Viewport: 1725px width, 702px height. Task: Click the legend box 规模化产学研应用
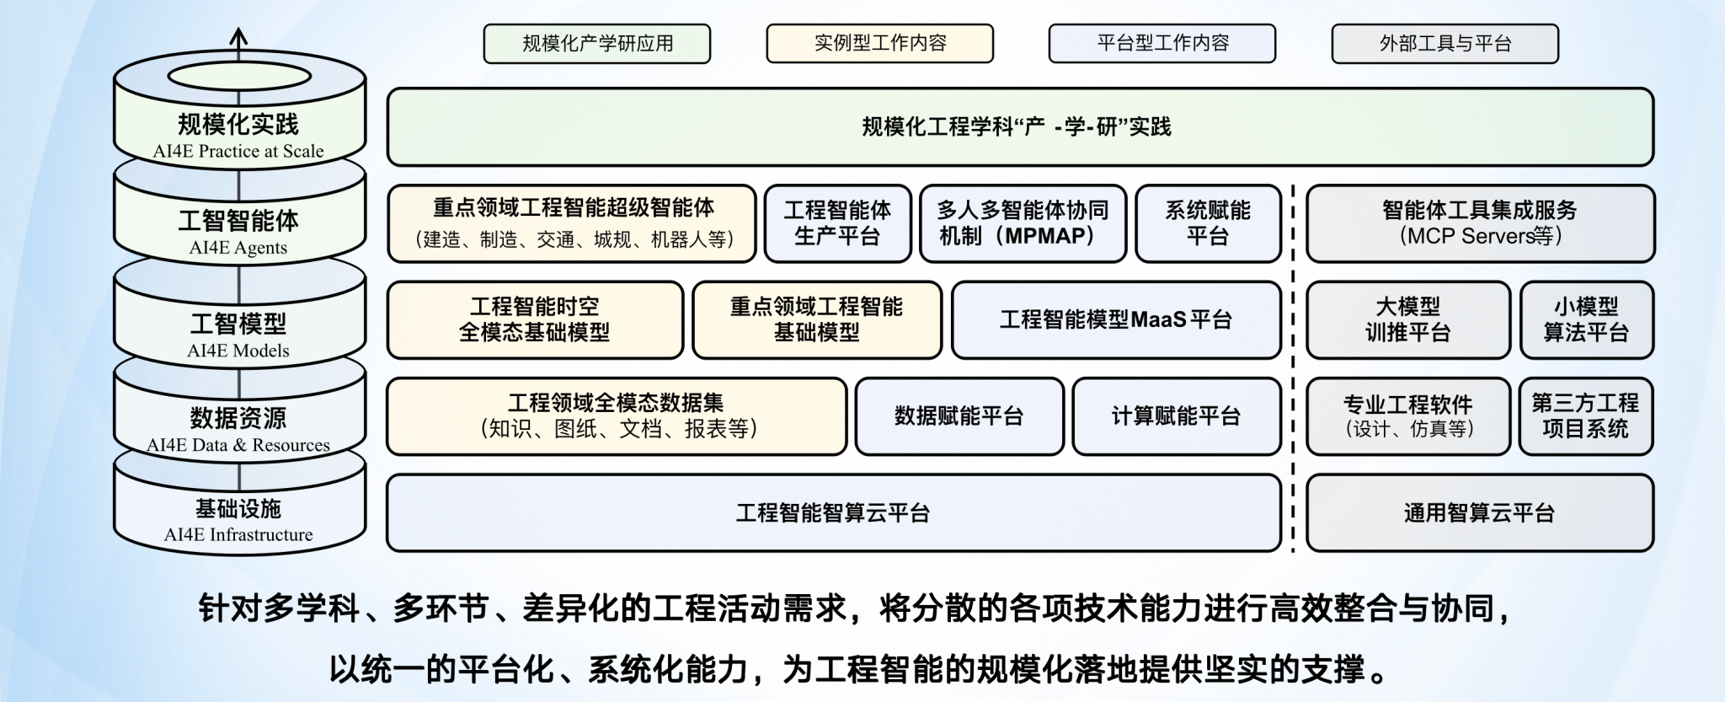coord(597,44)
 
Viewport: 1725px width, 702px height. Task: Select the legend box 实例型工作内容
coord(879,44)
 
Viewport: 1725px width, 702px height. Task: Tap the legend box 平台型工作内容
coord(1162,44)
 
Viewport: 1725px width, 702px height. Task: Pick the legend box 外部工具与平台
coord(1445,44)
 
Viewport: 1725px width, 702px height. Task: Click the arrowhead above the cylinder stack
coord(239,36)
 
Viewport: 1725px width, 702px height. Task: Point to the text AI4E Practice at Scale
coord(238,152)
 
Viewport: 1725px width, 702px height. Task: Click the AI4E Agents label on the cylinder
coord(238,248)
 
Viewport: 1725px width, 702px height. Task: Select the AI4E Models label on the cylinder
coord(238,351)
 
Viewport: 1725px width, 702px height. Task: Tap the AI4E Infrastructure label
coord(238,535)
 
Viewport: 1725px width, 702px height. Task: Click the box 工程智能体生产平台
coord(837,223)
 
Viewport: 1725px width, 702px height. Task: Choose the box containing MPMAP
coord(1023,223)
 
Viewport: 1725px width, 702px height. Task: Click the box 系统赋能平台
coord(1208,223)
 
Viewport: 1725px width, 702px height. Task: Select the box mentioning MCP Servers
coord(1480,223)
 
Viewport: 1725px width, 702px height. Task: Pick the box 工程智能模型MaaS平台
coord(1116,320)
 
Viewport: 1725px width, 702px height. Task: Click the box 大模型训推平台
coord(1407,320)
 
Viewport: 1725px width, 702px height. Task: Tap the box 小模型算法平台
coord(1586,320)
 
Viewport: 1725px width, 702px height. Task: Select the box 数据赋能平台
coord(959,416)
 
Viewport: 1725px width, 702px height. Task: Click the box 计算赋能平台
coord(1176,416)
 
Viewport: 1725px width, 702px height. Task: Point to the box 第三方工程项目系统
coord(1585,416)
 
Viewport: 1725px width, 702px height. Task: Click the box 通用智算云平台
coord(1479,513)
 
